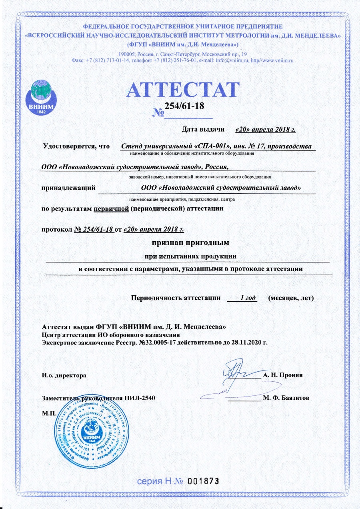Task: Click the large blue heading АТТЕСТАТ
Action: (x=183, y=90)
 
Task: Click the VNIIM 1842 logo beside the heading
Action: (x=41, y=96)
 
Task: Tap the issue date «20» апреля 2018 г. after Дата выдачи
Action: (x=266, y=129)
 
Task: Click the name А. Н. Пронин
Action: (x=283, y=375)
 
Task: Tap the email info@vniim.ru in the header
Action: (x=227, y=60)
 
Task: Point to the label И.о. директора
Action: (x=64, y=375)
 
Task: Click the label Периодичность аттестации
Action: (x=176, y=298)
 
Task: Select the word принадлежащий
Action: (x=68, y=187)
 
